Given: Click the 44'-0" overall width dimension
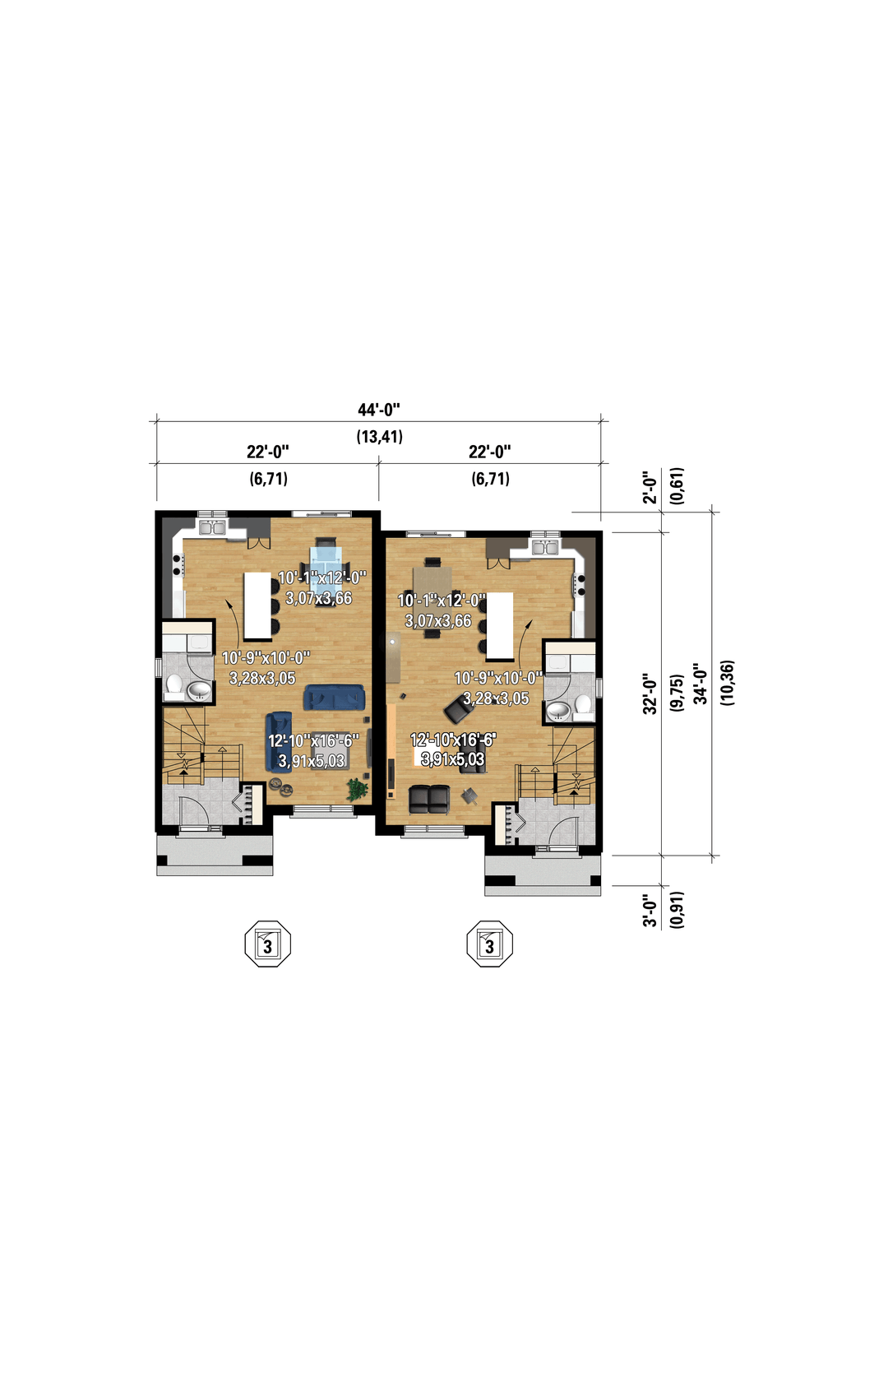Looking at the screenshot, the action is tap(379, 410).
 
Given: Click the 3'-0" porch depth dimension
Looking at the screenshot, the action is tap(650, 912).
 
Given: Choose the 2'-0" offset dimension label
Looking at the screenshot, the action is tap(650, 487).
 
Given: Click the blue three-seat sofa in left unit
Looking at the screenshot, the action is tap(335, 698).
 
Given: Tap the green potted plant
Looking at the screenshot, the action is tap(356, 790).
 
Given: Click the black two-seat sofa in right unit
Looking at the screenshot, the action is tap(429, 800).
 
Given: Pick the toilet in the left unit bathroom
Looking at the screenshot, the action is tap(173, 686).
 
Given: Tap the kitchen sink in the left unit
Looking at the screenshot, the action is tap(212, 528).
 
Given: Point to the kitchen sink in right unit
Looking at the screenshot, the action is tap(544, 547).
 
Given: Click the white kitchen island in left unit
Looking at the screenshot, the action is tap(257, 605).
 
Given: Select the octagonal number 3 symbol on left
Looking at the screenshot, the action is tap(268, 944).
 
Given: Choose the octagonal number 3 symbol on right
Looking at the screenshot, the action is tap(490, 944).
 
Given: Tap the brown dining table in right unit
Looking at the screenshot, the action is tap(433, 597).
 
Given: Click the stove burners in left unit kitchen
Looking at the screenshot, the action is tap(178, 564).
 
